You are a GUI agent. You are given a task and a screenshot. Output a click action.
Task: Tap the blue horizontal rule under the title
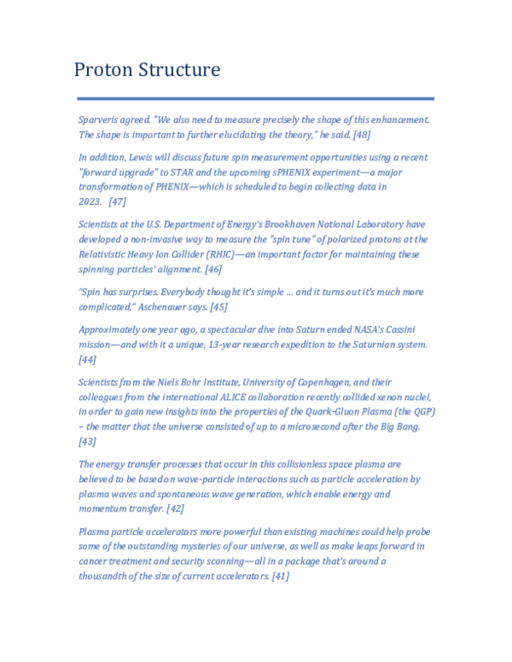(255, 98)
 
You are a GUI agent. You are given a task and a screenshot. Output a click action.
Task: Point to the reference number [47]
(118, 201)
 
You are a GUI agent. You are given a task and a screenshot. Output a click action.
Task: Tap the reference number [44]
(88, 360)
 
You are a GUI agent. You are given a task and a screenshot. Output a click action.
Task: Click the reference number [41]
(280, 576)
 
